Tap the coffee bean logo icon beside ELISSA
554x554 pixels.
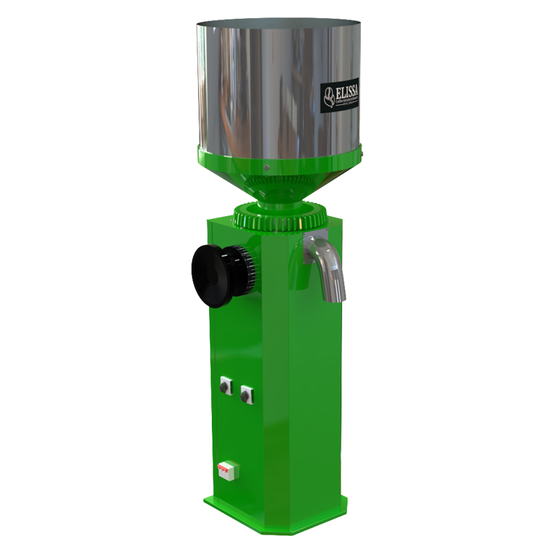pyautogui.click(x=329, y=96)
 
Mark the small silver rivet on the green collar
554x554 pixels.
pyautogui.click(x=266, y=166)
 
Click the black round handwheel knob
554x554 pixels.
pyautogui.click(x=213, y=275)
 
